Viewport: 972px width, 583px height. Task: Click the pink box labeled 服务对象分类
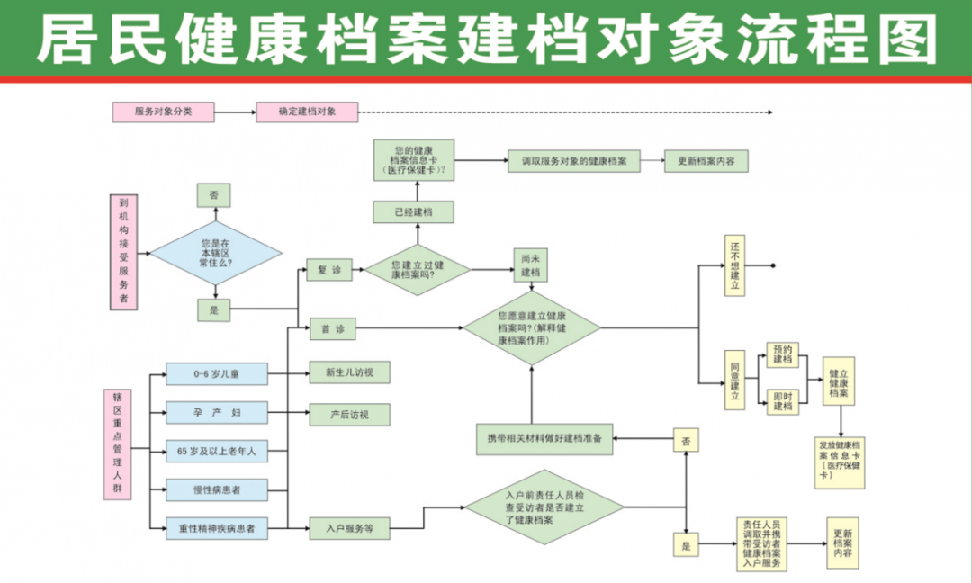(x=163, y=112)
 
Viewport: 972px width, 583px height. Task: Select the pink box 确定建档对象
(x=307, y=112)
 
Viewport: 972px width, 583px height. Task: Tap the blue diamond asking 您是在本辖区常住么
(x=215, y=254)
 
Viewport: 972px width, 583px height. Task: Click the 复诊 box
(x=329, y=270)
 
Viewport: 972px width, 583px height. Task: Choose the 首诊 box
(x=332, y=330)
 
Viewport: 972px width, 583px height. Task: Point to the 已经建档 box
(x=413, y=212)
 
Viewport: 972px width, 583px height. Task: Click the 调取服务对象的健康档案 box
(x=573, y=162)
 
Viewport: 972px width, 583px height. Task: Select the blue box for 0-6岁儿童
(x=217, y=373)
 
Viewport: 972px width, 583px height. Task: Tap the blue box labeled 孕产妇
(x=217, y=413)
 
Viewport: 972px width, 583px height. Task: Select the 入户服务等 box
(x=349, y=529)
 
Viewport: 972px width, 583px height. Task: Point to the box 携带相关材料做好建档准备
(x=544, y=438)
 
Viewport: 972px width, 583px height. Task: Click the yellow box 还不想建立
(x=735, y=265)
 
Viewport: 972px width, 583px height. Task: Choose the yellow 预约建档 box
(x=783, y=354)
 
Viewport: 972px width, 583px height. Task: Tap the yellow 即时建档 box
(x=783, y=400)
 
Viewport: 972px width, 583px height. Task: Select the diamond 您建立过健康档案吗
(x=416, y=270)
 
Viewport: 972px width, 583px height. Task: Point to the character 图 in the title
(x=903, y=40)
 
